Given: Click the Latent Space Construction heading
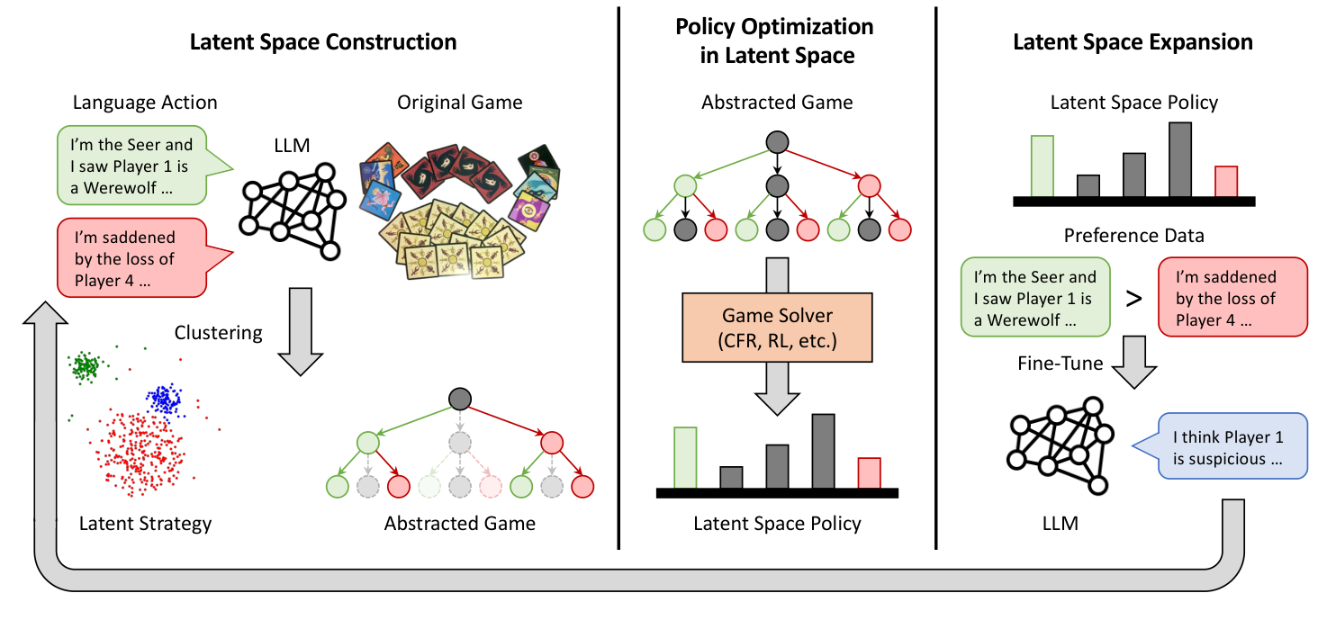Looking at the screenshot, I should [x=322, y=41].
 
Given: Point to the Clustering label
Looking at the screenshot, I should [x=218, y=333].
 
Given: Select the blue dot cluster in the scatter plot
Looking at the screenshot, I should [x=164, y=400].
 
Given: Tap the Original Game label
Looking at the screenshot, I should [x=459, y=103].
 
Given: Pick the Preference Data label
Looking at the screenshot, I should [x=1133, y=236].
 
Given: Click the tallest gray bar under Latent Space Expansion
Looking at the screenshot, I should [x=1180, y=159].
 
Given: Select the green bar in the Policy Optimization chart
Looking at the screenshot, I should [x=685, y=457].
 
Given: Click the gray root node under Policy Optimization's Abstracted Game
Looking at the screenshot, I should [x=777, y=141].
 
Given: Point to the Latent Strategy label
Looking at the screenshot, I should [x=145, y=523].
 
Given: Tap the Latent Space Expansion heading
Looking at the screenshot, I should [x=1133, y=41].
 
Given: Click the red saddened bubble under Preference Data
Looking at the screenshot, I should [x=1231, y=298].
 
